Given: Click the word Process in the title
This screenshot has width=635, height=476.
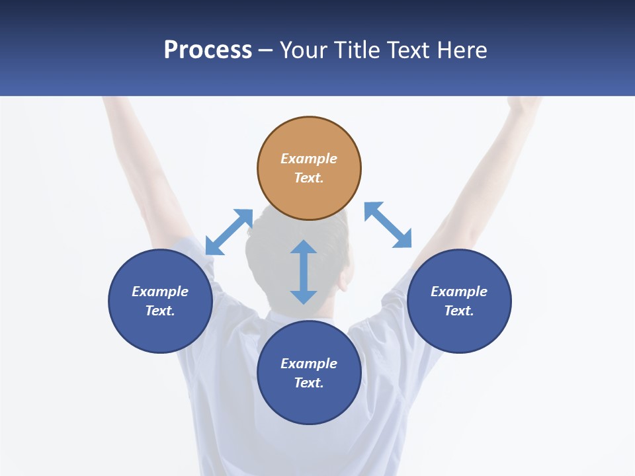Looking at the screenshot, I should click(x=208, y=50).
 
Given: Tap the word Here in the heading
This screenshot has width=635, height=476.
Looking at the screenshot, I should click(x=460, y=50).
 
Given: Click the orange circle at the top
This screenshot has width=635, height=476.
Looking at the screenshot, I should click(x=309, y=192).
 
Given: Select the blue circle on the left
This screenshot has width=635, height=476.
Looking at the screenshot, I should click(x=160, y=331).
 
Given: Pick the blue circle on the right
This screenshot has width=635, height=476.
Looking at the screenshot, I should click(x=459, y=331).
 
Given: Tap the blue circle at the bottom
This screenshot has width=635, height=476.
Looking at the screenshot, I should click(x=309, y=403).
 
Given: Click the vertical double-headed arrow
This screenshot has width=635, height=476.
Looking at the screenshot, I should click(x=304, y=272).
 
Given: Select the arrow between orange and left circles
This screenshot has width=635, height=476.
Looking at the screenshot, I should click(x=229, y=232).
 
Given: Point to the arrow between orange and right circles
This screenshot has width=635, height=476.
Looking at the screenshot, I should click(x=388, y=225).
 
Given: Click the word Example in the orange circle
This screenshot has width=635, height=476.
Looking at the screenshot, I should click(x=309, y=159).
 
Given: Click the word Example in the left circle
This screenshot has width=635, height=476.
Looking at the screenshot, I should click(x=160, y=292).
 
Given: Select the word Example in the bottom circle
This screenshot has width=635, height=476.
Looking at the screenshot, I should click(x=309, y=364).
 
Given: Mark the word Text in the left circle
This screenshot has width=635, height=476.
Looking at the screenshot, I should click(x=160, y=311).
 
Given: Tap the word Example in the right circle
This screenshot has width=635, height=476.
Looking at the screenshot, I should click(x=459, y=292).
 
